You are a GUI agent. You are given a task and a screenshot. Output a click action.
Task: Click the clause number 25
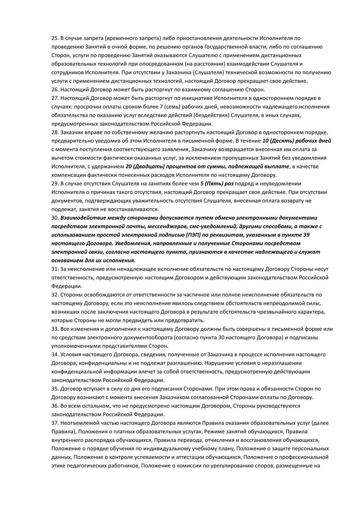click(x=55, y=38)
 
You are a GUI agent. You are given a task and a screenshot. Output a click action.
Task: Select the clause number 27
click(x=55, y=98)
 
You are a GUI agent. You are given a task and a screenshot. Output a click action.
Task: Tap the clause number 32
click(x=55, y=294)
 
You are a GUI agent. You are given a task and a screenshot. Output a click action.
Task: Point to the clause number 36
click(x=55, y=406)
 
